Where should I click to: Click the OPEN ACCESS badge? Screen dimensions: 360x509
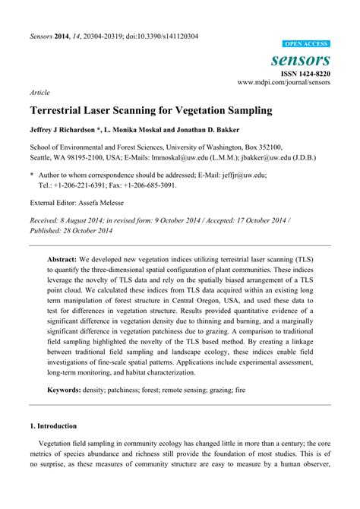pyautogui.click(x=306, y=45)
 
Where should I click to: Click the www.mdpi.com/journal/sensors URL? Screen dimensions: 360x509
pyautogui.click(x=284, y=81)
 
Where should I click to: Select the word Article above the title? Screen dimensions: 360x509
pyautogui.click(x=39, y=93)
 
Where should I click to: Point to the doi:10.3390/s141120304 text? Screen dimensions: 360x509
pyautogui.click(x=159, y=36)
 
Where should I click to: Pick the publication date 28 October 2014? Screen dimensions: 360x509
pyautogui.click(x=87, y=230)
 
